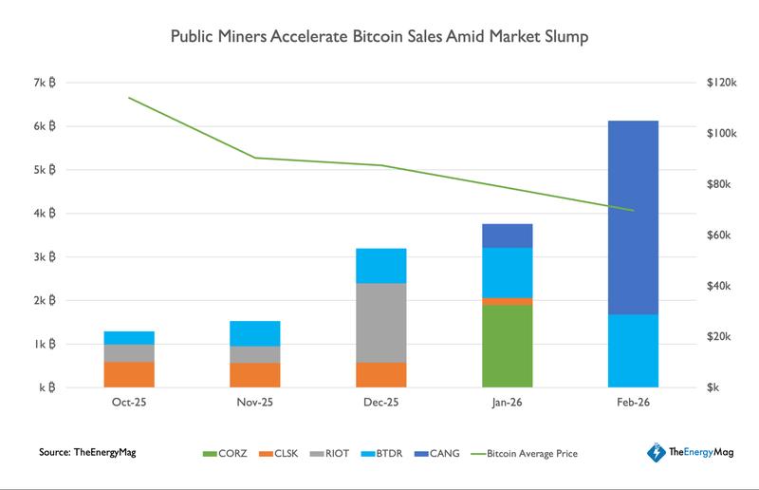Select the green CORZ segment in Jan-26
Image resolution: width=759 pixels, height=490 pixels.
(x=507, y=346)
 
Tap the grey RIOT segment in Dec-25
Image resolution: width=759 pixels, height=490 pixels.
(x=380, y=323)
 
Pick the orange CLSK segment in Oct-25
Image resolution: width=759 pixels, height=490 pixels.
(x=130, y=374)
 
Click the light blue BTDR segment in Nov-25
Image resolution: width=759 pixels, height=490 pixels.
(x=255, y=333)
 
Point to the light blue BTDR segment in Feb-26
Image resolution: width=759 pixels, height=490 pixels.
(x=632, y=350)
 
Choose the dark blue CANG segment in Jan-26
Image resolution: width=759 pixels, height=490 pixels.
(x=507, y=236)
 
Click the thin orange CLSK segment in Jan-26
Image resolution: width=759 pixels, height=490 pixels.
(x=507, y=301)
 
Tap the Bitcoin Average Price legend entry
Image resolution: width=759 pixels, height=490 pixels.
(x=531, y=453)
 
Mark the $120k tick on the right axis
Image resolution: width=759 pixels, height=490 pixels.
(x=724, y=84)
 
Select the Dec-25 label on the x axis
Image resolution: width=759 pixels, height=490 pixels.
(x=380, y=404)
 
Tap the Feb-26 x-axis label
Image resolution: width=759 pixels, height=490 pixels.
(x=632, y=404)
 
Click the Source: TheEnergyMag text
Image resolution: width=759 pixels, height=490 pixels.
(x=88, y=453)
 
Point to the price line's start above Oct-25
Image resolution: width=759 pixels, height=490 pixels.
(x=130, y=98)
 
